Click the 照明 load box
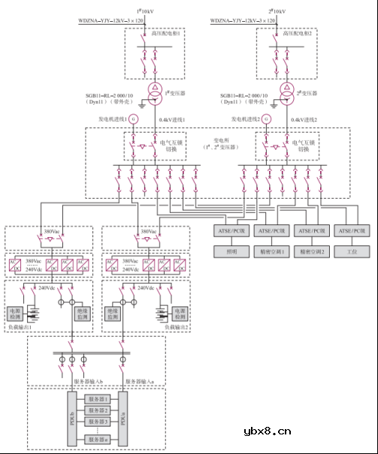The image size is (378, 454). (x=225, y=250)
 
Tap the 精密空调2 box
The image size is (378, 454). (x=312, y=250)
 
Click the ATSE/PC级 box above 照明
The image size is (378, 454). (x=225, y=230)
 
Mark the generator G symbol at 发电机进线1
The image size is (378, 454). (x=134, y=119)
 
